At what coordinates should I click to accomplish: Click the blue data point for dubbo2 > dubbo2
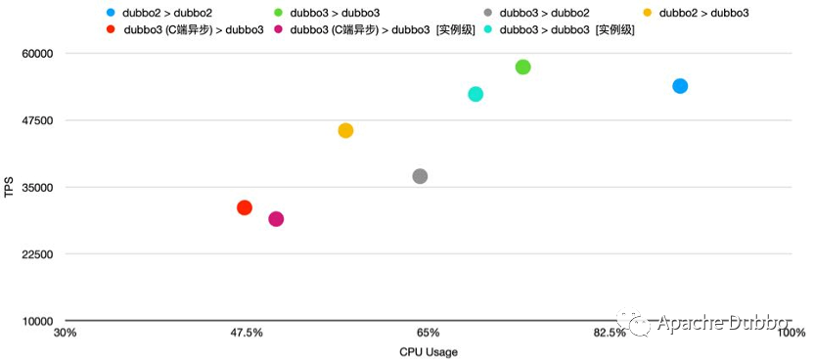680,86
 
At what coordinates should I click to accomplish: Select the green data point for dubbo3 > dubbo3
522,67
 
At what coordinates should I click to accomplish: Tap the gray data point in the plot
420,176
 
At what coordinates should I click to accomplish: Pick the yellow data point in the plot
345,130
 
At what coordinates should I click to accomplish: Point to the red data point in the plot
245,207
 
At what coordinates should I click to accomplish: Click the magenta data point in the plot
276,219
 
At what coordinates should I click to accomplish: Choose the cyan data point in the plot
475,94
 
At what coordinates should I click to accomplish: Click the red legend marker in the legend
111,30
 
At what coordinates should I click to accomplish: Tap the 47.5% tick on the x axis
246,334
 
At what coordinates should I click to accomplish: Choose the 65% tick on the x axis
428,334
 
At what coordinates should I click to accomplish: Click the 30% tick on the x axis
65,334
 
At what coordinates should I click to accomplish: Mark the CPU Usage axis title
428,351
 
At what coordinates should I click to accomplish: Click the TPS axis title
9,186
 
